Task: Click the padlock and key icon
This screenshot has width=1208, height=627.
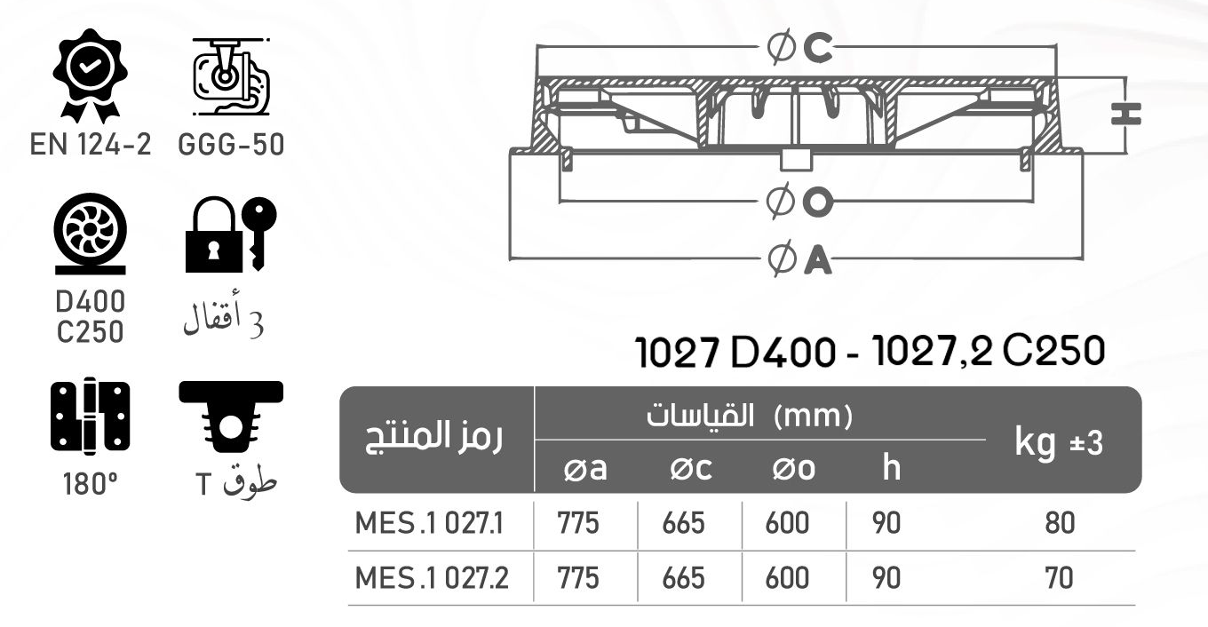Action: pos(230,234)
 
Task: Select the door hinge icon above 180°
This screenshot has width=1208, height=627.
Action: pos(90,417)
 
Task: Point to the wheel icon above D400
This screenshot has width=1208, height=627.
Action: pos(90,234)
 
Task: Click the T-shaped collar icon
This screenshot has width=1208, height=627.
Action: pos(231,416)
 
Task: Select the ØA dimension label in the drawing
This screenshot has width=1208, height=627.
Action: pos(799,260)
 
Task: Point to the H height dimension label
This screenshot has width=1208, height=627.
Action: pos(1125,114)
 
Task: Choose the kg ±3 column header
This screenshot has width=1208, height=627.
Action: pos(1059,442)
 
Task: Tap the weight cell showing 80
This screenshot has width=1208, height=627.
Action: pos(1059,523)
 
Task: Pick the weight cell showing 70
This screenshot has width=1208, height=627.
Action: pos(1059,578)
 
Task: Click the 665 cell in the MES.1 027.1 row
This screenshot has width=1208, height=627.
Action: pos(683,523)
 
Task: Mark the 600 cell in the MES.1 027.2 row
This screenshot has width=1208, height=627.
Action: pos(787,578)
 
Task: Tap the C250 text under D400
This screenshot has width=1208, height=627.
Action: pos(90,332)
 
